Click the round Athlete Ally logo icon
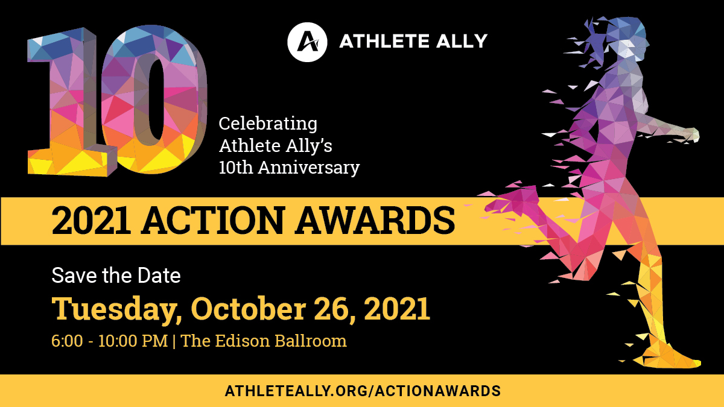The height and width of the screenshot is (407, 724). pyautogui.click(x=307, y=42)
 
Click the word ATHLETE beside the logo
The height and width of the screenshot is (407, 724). pyautogui.click(x=384, y=42)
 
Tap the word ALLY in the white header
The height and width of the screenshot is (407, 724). pyautogui.click(x=462, y=42)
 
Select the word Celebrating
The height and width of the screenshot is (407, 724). pyautogui.click(x=268, y=124)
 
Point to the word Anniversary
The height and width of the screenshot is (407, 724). pyautogui.click(x=309, y=168)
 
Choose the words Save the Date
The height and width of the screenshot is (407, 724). pyautogui.click(x=116, y=276)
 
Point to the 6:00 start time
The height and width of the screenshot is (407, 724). pyautogui.click(x=67, y=341)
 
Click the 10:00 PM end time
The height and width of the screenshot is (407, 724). pyautogui.click(x=133, y=341)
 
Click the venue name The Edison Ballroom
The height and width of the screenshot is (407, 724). pyautogui.click(x=264, y=341)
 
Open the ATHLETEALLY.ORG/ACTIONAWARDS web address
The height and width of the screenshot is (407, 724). pyautogui.click(x=363, y=391)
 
